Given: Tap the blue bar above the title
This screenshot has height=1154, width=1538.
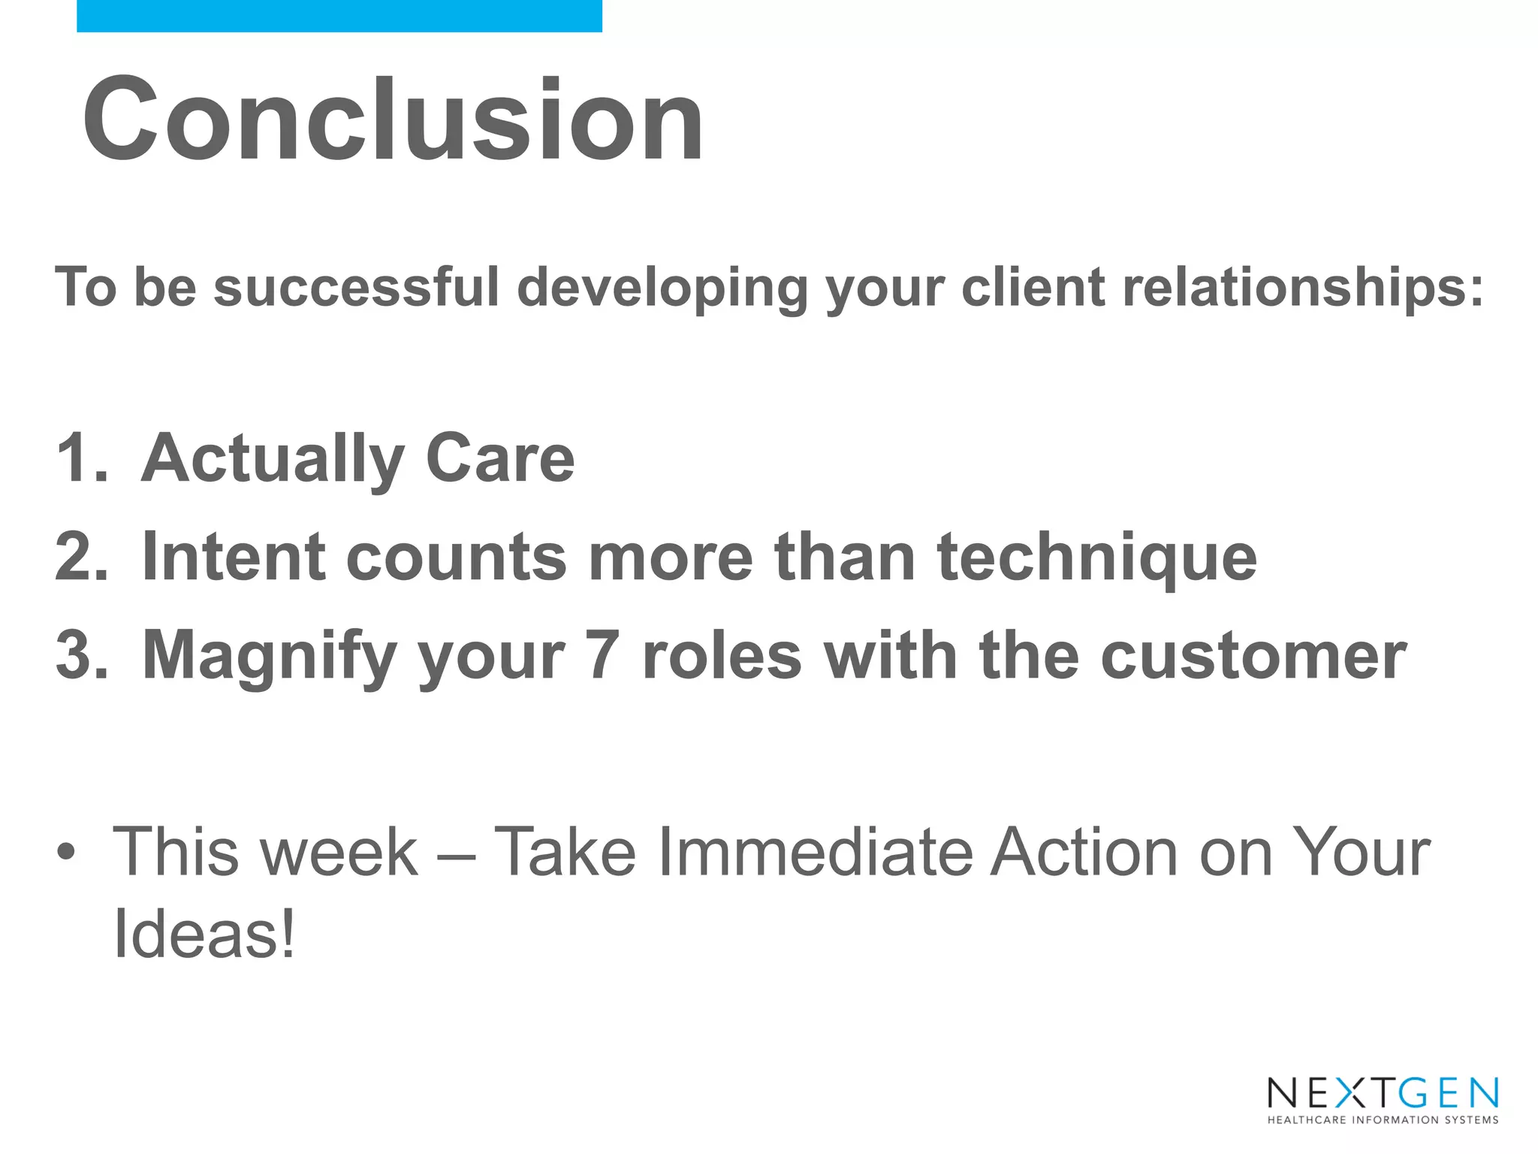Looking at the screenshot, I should point(339,16).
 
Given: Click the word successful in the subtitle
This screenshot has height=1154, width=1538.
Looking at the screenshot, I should point(356,287).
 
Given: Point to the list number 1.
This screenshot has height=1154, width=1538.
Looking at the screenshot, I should point(81,458).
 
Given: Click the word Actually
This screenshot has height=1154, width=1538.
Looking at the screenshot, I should point(272,460).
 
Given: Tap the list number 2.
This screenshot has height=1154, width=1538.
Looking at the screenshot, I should point(81,557).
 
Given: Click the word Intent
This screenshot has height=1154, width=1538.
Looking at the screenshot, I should point(233,557).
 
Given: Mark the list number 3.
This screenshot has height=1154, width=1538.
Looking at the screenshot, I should point(81,655).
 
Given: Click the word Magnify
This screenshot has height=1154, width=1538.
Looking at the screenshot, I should point(269,657).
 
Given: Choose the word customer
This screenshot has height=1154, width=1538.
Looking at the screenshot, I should point(1253,656).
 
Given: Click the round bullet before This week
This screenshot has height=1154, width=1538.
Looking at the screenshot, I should point(66,852).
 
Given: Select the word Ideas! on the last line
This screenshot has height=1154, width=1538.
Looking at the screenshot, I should point(204,934).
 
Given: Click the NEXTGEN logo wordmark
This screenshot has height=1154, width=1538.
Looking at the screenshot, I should point(1383,1093).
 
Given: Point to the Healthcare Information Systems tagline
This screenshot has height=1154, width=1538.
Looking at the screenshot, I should point(1383,1120).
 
